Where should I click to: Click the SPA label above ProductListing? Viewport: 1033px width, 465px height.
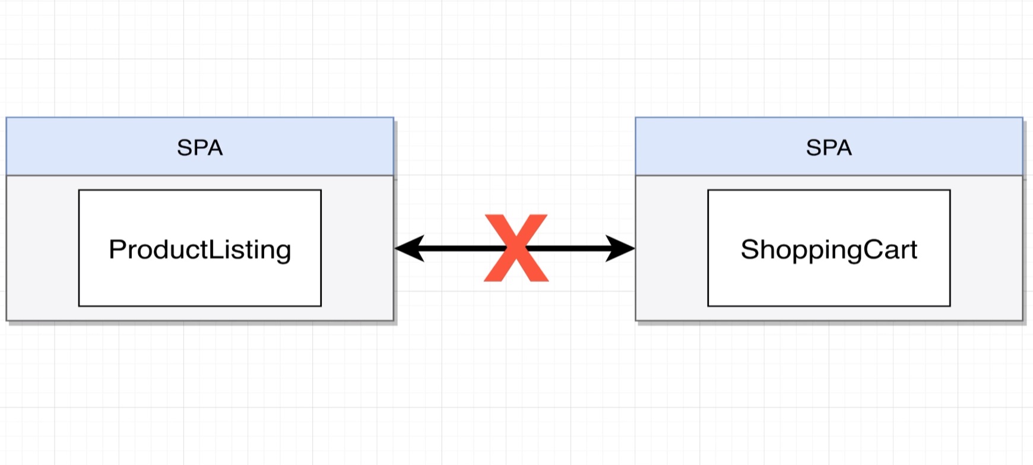(x=199, y=147)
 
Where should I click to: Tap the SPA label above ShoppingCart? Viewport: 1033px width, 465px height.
(x=829, y=147)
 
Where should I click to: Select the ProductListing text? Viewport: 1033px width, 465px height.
(x=199, y=249)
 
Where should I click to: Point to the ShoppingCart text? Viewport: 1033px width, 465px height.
(x=829, y=249)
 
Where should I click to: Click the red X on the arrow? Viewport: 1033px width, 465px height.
(x=516, y=248)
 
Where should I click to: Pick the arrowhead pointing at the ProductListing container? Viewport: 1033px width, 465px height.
(x=408, y=248)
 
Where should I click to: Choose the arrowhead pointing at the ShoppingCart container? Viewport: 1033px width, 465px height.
(x=621, y=248)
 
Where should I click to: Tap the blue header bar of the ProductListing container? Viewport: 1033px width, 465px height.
(x=89, y=147)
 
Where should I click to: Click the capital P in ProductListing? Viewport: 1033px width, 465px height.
(x=116, y=249)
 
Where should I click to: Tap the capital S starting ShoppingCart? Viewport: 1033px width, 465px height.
(x=749, y=249)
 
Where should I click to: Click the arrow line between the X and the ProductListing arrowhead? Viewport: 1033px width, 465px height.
(x=457, y=248)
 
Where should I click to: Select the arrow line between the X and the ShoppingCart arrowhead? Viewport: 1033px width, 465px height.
(x=570, y=248)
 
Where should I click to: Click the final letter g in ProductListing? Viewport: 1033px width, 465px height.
(x=283, y=252)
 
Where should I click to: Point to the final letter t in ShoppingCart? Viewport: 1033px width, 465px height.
(x=913, y=249)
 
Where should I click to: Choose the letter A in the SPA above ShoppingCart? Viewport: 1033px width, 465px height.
(x=844, y=147)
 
